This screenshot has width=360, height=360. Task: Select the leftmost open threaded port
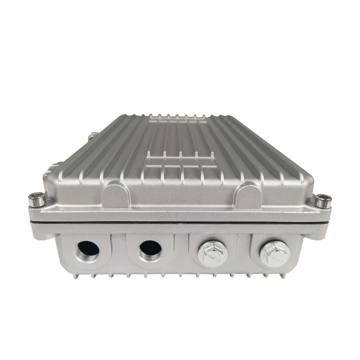[88, 250]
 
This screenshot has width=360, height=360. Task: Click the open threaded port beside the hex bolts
[150, 251]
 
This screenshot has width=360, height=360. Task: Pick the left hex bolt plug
[211, 252]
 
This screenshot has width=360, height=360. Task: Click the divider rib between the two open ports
[119, 252]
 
